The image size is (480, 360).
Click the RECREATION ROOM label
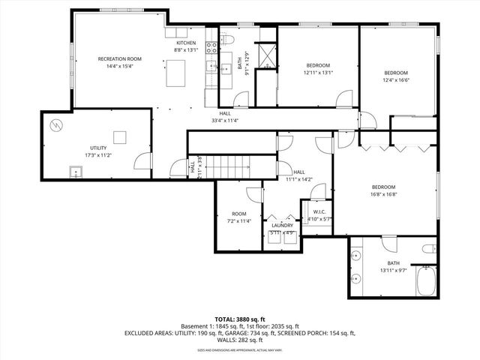click(120, 58)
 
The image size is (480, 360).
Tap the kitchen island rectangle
click(177, 73)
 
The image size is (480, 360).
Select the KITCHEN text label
click(186, 43)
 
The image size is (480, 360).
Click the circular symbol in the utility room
click(55, 124)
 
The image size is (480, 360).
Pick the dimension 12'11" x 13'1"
click(317, 73)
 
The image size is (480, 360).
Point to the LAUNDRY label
click(282, 225)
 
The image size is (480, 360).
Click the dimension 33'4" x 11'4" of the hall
click(225, 120)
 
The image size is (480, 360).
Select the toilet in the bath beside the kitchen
click(229, 40)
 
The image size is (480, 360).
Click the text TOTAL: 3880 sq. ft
click(240, 319)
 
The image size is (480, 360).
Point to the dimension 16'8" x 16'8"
click(383, 194)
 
